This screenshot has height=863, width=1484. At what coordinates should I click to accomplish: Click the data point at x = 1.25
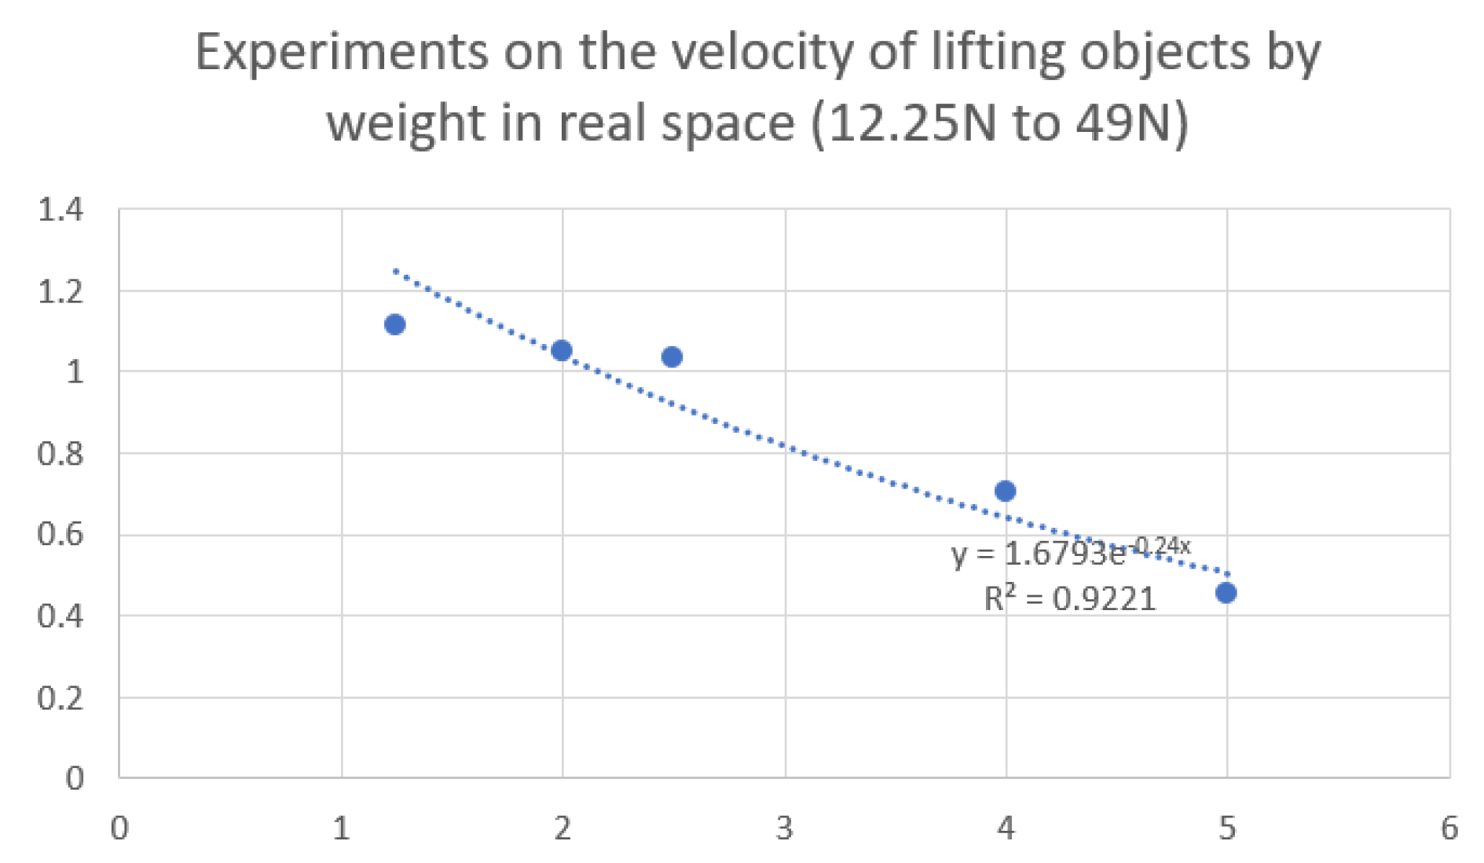[394, 324]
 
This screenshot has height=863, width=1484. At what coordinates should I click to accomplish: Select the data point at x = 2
[561, 350]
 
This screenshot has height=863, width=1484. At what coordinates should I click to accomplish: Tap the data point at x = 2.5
[672, 357]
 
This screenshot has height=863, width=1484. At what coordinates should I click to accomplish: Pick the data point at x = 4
[1005, 491]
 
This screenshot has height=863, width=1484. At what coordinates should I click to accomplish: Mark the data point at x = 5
[1226, 593]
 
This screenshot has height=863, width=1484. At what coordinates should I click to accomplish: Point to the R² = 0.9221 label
[1070, 599]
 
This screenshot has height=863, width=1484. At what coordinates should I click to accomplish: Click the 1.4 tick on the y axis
[60, 210]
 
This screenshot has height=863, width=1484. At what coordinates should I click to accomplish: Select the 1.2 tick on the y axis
[60, 292]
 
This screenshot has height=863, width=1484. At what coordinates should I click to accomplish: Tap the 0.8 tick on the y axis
[60, 454]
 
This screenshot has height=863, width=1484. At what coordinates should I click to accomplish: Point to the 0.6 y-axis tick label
[60, 535]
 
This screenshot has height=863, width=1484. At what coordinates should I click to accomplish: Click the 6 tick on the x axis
[1449, 828]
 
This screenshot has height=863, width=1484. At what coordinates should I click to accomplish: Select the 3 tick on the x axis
[784, 828]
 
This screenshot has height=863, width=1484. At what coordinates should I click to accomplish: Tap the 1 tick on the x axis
[341, 828]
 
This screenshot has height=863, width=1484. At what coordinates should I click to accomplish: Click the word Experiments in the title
[341, 53]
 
